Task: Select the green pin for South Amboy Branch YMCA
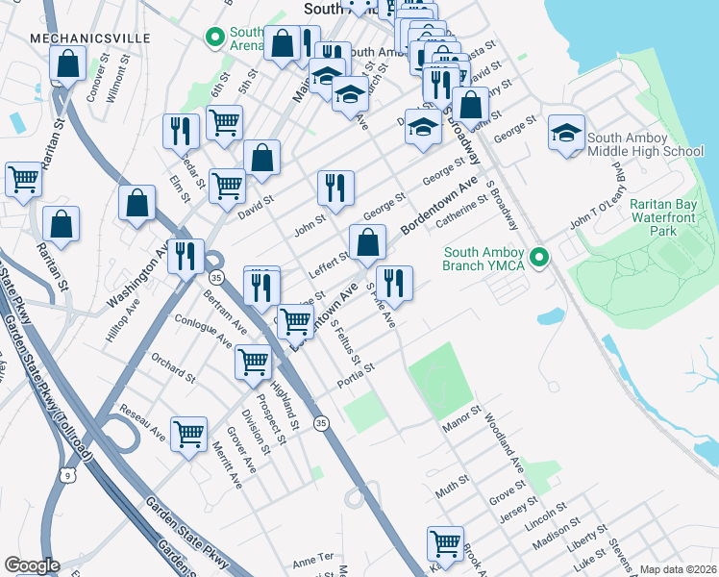539,258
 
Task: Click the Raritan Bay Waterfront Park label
672,217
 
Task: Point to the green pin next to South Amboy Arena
213,38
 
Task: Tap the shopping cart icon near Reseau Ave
188,433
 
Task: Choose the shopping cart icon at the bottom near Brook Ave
445,542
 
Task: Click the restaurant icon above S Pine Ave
393,282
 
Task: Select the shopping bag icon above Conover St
68,64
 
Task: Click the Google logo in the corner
32,565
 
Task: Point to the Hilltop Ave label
122,318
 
